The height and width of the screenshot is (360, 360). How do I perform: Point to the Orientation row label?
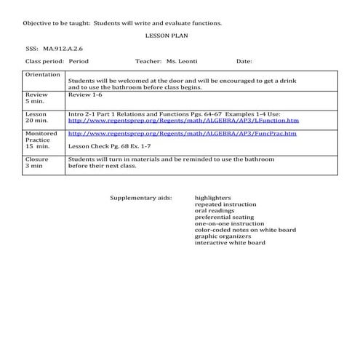43,75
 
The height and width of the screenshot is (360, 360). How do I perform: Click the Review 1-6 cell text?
83,95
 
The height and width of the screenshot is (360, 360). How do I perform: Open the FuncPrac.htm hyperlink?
182,134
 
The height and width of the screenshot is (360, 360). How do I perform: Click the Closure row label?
37,159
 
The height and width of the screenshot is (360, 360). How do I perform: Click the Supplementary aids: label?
141,198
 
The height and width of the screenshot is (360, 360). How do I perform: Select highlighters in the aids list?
213,198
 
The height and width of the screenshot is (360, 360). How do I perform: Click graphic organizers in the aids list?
223,236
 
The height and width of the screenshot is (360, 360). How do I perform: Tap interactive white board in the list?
230,243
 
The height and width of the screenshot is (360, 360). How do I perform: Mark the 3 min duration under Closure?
34,166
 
